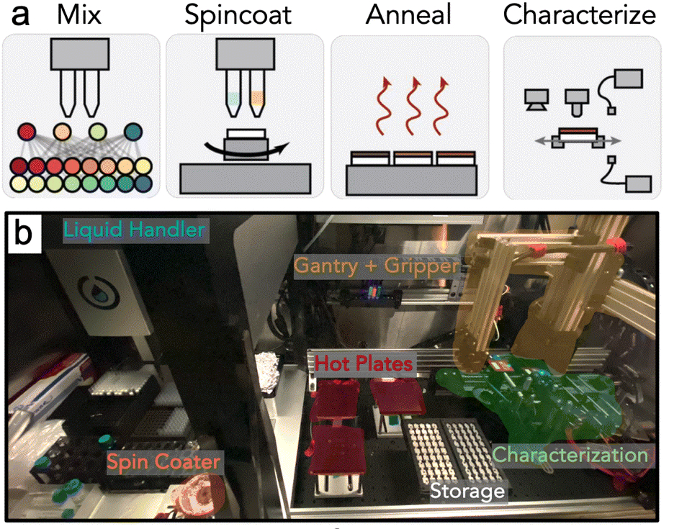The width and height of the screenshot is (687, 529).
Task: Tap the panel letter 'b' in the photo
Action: pyautogui.click(x=23, y=232)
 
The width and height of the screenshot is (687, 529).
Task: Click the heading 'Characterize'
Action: pyautogui.click(x=580, y=15)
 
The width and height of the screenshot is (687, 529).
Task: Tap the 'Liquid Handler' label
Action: pyautogui.click(x=134, y=231)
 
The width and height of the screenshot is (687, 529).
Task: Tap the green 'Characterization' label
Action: pyautogui.click(x=570, y=455)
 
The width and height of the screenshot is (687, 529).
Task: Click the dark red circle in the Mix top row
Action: pyautogui.click(x=27, y=132)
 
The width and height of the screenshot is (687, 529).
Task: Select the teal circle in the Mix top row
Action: pyautogui.click(x=133, y=132)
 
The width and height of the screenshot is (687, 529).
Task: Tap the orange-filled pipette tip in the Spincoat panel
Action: pyautogui.click(x=257, y=98)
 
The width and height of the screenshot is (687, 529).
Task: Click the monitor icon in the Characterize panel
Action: pyautogui.click(x=534, y=99)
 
